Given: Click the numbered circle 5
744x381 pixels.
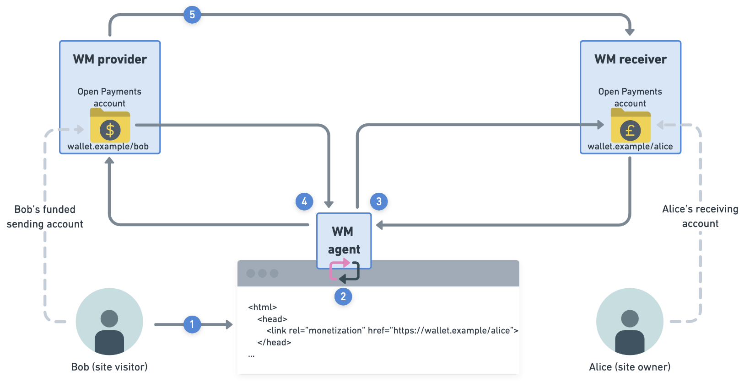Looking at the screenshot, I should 192,15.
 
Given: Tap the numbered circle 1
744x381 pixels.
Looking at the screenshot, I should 192,324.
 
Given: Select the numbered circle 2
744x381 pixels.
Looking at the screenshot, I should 343,296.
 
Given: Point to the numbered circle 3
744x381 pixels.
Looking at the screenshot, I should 379,201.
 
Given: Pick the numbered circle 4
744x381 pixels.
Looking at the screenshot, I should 304,201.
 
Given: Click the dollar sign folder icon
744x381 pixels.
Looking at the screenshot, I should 110,127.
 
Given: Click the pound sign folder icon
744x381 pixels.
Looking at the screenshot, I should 631,127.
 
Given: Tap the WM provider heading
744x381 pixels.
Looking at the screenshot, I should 110,59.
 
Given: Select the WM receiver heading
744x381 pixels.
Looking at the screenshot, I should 631,59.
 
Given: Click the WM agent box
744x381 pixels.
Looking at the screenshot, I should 344,240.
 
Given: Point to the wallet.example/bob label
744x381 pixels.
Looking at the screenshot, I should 108,147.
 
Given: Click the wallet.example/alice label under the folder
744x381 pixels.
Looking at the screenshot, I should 630,147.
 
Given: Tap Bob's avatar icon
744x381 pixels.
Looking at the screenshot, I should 109,322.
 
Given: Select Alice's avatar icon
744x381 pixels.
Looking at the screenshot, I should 630,322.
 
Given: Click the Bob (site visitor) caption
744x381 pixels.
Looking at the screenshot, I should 109,367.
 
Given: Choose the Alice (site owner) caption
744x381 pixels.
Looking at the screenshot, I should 630,367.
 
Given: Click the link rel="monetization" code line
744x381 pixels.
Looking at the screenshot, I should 392,330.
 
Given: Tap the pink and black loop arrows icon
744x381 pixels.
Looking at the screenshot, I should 344,270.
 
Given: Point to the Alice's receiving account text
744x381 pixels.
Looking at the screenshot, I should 700,216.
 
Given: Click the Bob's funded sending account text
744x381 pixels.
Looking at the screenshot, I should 45,217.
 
